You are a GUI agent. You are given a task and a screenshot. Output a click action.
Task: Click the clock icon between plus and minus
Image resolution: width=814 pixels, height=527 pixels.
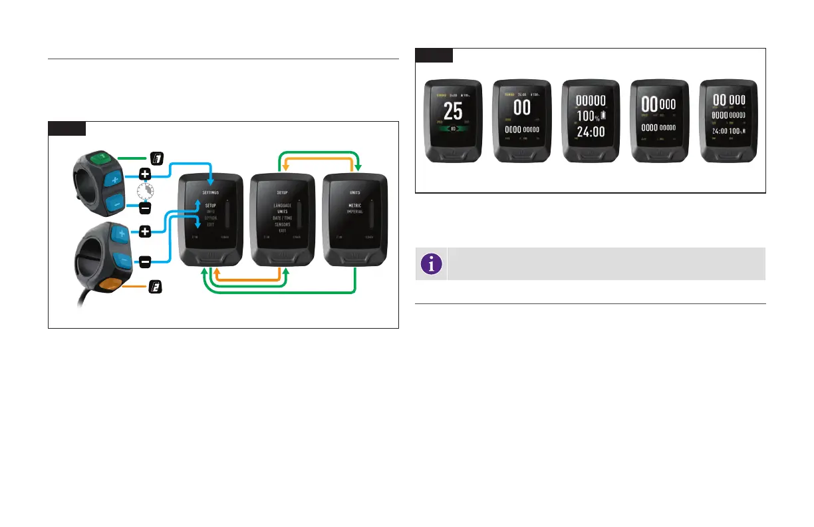(144, 191)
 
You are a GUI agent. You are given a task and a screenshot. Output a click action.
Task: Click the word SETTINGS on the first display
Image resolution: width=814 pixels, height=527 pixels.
(211, 192)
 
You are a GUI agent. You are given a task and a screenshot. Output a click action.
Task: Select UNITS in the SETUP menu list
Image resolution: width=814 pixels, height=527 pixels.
(283, 212)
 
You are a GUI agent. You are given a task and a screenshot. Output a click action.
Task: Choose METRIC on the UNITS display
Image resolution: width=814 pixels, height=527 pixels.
(354, 206)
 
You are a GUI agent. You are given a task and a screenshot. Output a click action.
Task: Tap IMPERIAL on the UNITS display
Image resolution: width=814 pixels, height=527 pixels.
(354, 212)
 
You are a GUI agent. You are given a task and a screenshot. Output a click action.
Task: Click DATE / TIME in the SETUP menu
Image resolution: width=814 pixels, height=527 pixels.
(283, 218)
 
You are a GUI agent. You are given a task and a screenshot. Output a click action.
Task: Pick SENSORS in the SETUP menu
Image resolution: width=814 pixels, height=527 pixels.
(283, 225)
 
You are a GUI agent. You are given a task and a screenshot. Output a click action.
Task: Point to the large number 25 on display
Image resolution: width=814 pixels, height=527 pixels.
(453, 111)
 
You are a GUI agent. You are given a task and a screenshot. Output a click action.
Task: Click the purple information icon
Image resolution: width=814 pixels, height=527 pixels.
(433, 264)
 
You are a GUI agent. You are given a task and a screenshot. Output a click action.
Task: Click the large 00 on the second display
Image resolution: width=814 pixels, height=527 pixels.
(521, 107)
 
